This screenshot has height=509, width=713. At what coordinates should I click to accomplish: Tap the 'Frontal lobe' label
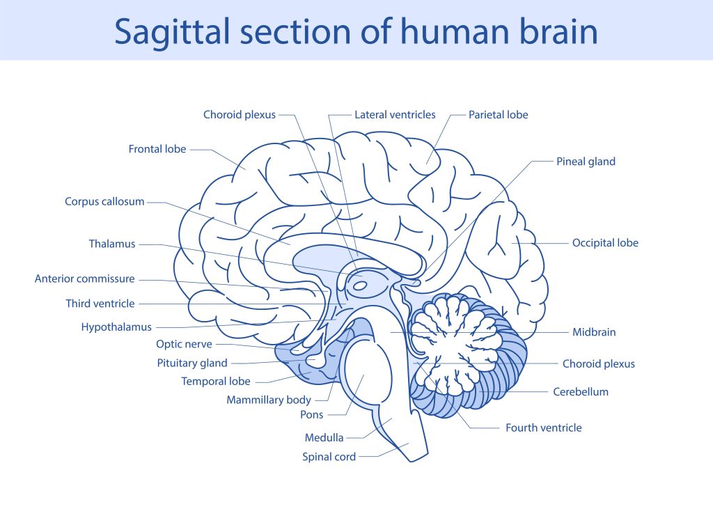pyautogui.click(x=157, y=149)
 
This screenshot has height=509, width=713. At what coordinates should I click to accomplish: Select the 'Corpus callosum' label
pyautogui.click(x=104, y=202)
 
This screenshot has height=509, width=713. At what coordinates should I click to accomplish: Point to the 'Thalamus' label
pyautogui.click(x=112, y=244)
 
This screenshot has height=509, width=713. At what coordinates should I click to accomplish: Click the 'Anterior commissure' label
pyautogui.click(x=84, y=279)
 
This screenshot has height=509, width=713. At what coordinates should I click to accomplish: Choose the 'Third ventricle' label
pyautogui.click(x=100, y=304)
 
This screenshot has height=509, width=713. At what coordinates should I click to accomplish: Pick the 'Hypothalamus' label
pyautogui.click(x=116, y=327)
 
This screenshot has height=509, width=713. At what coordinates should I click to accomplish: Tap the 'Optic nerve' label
pyautogui.click(x=184, y=344)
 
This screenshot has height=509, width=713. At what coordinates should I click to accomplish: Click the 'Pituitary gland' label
pyautogui.click(x=192, y=363)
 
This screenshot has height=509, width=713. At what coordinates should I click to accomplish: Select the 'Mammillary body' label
pyautogui.click(x=269, y=400)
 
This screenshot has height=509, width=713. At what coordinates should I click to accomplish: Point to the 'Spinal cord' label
pyautogui.click(x=329, y=457)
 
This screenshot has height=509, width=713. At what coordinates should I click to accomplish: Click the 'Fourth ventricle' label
pyautogui.click(x=543, y=428)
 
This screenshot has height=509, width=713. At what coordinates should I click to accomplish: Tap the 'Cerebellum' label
pyautogui.click(x=581, y=392)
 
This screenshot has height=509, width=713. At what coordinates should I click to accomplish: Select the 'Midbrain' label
pyautogui.click(x=594, y=332)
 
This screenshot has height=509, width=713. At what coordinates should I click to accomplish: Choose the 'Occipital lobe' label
pyautogui.click(x=605, y=243)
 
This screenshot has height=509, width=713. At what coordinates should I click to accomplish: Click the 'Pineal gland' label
pyautogui.click(x=586, y=162)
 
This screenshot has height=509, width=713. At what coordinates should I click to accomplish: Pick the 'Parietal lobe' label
pyautogui.click(x=498, y=115)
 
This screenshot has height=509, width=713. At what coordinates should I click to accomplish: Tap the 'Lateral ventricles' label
pyautogui.click(x=395, y=115)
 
